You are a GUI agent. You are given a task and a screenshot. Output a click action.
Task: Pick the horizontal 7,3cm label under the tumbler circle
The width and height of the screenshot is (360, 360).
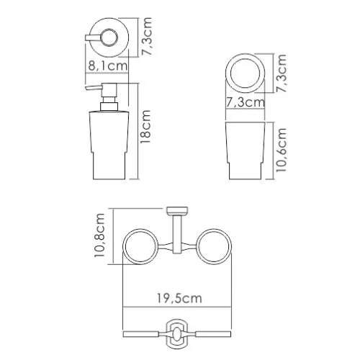click(x=243, y=103)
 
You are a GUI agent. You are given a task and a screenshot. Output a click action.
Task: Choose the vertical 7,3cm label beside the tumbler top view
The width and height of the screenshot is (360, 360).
click(x=284, y=75)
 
